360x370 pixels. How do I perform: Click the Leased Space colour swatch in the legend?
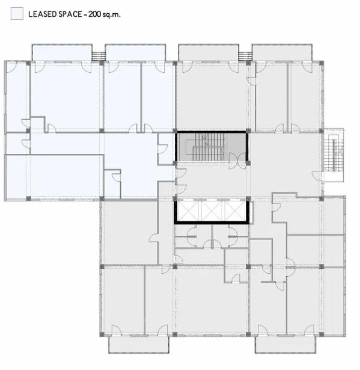tap(17, 13)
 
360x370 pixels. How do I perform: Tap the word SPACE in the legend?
tap(70, 14)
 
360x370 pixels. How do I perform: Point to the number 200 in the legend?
tap(95, 14)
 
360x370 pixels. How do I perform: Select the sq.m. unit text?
tap(112, 14)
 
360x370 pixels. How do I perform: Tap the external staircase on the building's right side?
tap(333, 155)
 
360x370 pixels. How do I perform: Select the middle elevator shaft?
tap(212, 211)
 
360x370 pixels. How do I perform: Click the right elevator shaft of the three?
tap(235, 211)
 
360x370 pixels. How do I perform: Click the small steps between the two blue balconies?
tap(99, 56)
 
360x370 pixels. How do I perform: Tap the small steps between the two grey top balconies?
tap(245, 56)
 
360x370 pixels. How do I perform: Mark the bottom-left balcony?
tap(139, 345)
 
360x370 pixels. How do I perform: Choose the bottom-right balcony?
tap(285, 345)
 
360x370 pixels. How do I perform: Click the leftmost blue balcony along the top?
tap(62, 52)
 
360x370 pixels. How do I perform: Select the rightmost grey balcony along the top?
tap(282, 52)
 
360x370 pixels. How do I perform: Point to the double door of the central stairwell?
tap(237, 161)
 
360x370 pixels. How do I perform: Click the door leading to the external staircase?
tap(317, 176)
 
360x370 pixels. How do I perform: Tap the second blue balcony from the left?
tap(135, 52)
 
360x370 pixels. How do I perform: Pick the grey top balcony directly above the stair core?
tap(209, 52)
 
